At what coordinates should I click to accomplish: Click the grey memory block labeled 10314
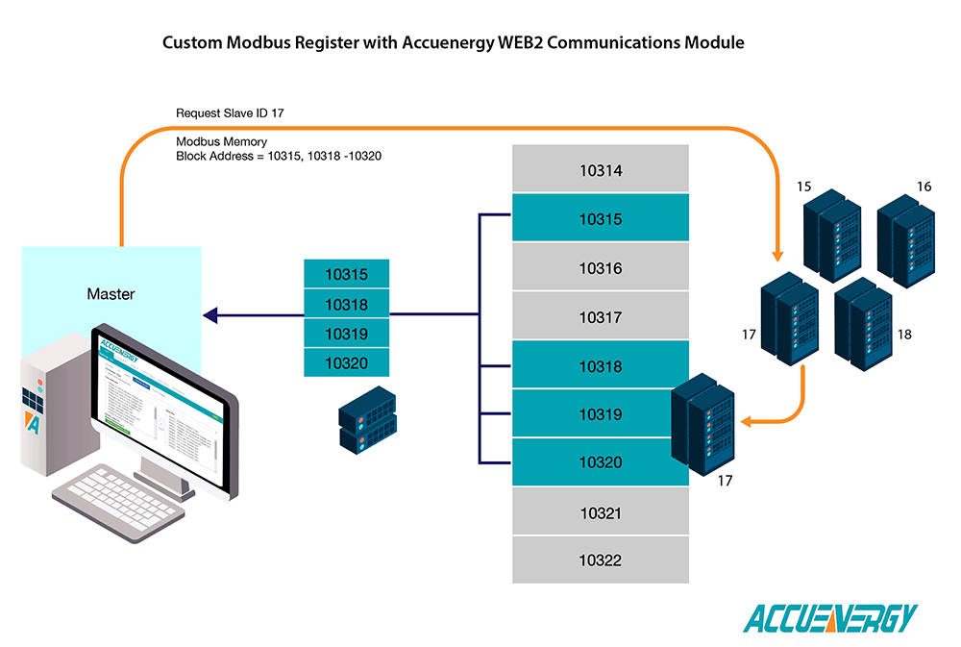601,170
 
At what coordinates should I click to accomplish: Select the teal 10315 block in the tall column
601,219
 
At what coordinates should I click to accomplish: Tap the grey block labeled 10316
601,268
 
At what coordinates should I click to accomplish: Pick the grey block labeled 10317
601,317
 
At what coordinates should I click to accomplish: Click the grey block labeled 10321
601,512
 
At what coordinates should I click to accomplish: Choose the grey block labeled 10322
601,560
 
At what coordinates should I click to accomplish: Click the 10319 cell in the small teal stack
346,334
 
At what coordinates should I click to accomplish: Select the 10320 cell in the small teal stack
346,362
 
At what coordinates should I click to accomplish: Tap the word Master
111,293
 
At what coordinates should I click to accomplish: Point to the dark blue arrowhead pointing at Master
209,314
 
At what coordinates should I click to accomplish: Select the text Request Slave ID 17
230,112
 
